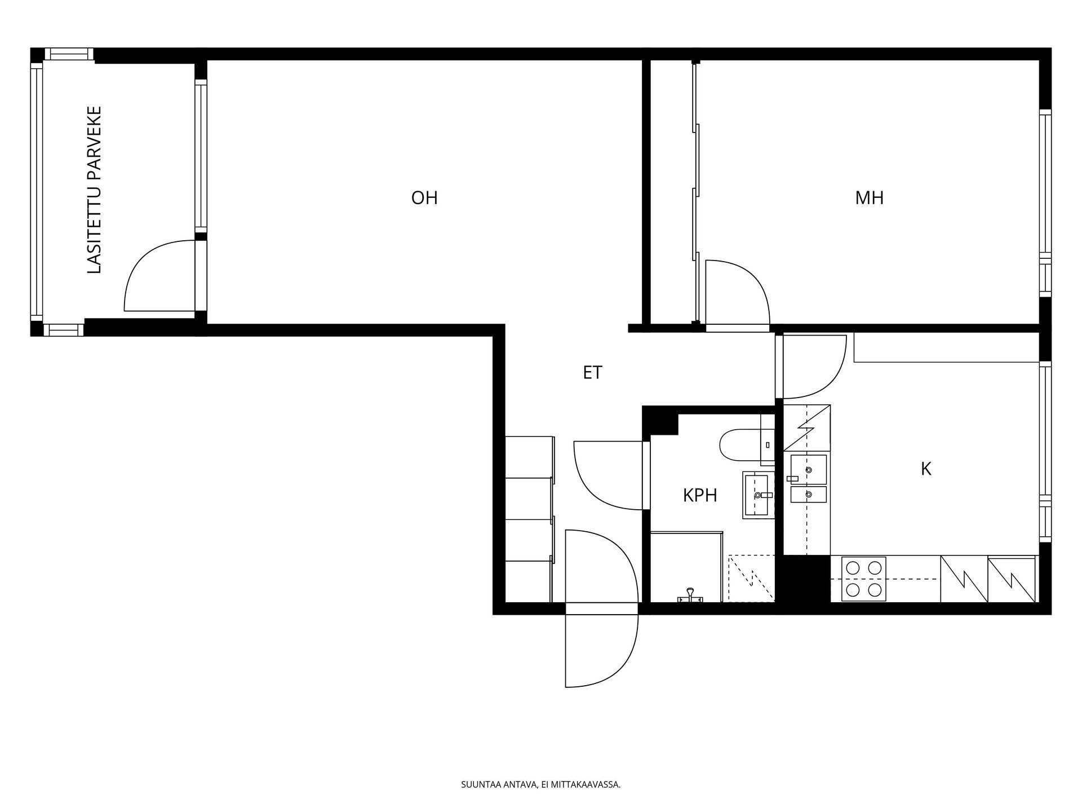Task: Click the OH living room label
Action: pyautogui.click(x=424, y=198)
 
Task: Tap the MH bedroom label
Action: pyautogui.click(x=869, y=198)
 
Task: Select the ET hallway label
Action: pyautogui.click(x=592, y=373)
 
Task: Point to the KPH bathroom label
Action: pyautogui.click(x=700, y=496)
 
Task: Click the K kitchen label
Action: pyautogui.click(x=926, y=469)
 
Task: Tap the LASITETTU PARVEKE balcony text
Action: pyautogui.click(x=95, y=190)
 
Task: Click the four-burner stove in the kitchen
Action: pyautogui.click(x=863, y=579)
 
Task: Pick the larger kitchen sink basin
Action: pyautogui.click(x=808, y=469)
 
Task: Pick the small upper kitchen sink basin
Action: pyautogui.click(x=808, y=495)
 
